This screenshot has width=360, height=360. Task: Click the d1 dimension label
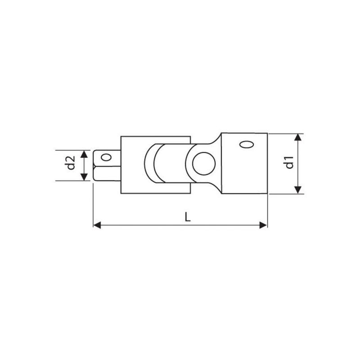tap(289, 163)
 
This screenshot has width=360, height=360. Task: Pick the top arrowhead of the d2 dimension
tap(84, 153)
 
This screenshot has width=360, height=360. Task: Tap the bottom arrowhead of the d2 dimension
tap(84, 177)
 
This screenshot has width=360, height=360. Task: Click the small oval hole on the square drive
tap(106, 157)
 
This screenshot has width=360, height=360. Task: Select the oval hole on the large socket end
tap(246, 145)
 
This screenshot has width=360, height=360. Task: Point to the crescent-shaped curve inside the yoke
tap(150, 164)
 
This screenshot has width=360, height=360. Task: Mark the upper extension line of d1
tap(286, 133)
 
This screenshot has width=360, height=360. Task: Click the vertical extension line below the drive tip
tap(93, 202)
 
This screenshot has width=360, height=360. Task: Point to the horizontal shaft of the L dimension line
tap(144, 225)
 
